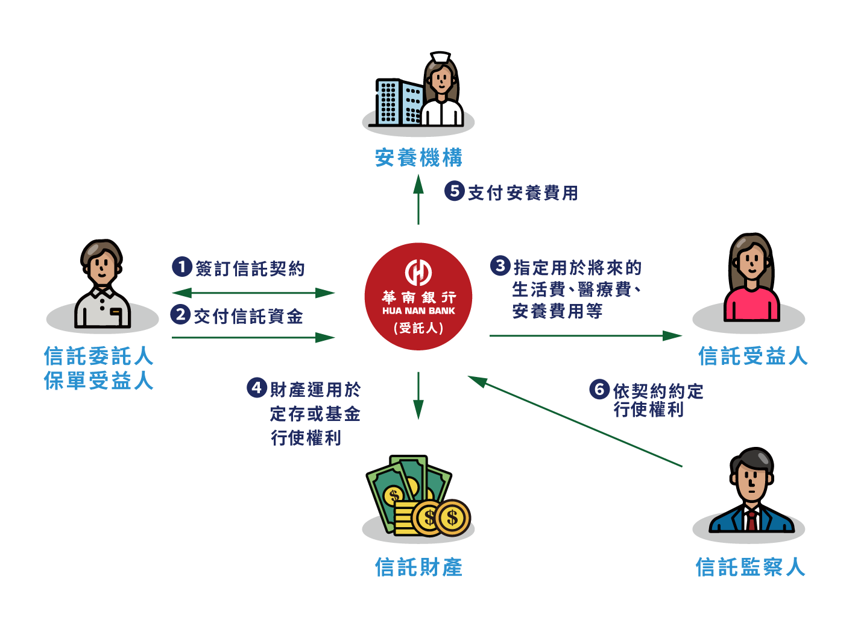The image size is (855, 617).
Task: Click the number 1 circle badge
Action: pos(181,267)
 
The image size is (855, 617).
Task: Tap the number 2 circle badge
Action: pos(180,314)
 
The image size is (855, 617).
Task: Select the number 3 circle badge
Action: pos(500,265)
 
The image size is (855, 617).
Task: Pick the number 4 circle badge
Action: pos(257,388)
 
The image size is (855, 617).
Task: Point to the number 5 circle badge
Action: pos(455,191)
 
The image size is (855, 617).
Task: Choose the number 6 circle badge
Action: pos(599,389)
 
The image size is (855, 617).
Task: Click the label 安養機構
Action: pos(418,157)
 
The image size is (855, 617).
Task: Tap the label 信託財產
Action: pos(418,566)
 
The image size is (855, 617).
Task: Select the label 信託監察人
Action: pos(751,566)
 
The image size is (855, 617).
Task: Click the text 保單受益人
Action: pos(98,381)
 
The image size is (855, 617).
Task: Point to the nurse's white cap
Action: pos(441,57)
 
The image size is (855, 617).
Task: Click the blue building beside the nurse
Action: pos(399,102)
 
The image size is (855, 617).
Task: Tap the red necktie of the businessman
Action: pos(751,520)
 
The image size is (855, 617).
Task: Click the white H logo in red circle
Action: pos(418,272)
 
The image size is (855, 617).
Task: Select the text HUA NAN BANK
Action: pos(418,311)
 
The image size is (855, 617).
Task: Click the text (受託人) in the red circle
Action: pos(418,328)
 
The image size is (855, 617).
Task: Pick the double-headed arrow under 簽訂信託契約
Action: pos(253,293)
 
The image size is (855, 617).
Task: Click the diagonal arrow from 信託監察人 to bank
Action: pos(575,421)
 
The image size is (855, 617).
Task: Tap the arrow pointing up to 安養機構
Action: pos(418,199)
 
